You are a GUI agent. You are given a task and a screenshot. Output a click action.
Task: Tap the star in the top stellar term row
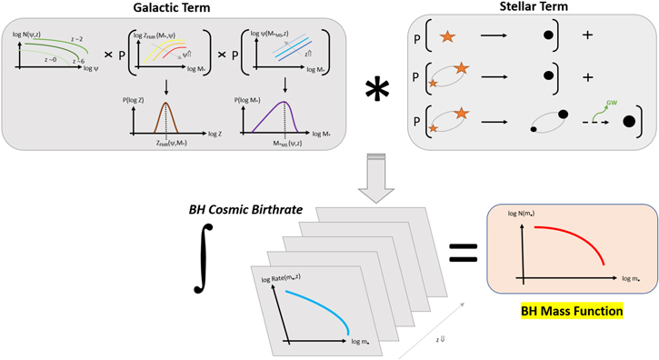point(447,39)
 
